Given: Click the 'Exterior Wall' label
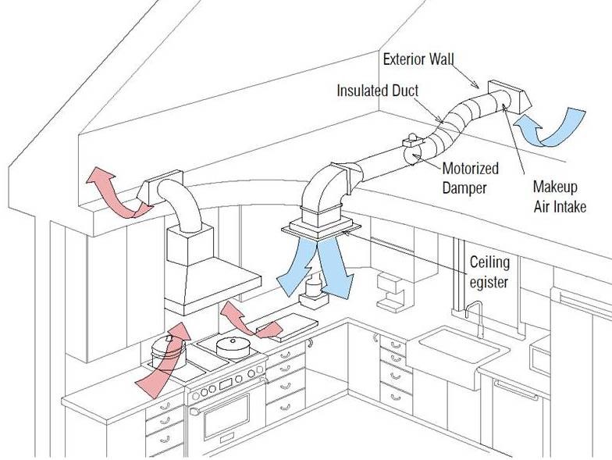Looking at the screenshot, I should [418, 59].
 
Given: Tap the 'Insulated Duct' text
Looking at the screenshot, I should [378, 91].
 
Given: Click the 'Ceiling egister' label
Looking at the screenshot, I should [491, 270].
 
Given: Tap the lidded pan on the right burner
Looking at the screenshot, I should [231, 344].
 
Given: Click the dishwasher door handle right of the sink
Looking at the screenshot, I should [515, 387].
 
